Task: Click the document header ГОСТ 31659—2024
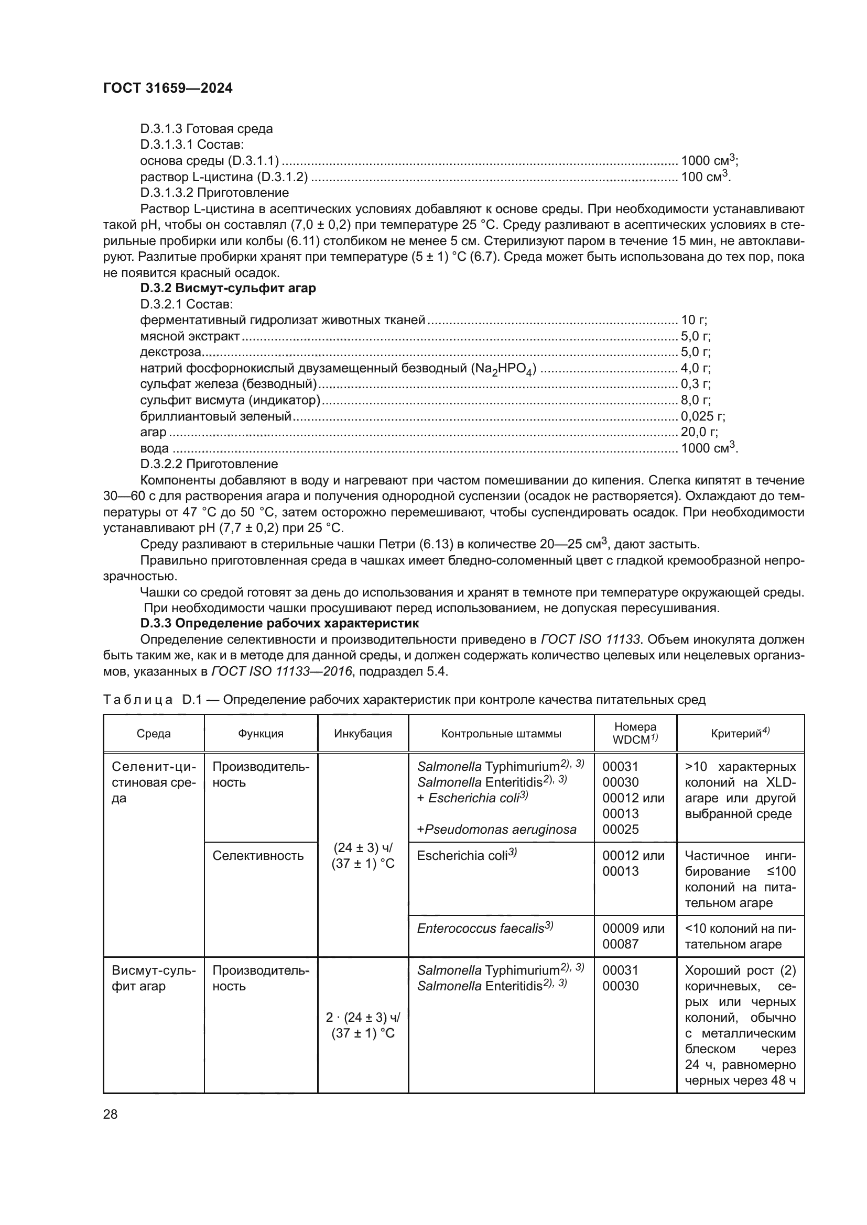(x=168, y=89)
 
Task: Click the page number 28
(x=111, y=1114)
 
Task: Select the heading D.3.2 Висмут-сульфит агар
(x=228, y=288)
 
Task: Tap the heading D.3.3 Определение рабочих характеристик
(x=279, y=623)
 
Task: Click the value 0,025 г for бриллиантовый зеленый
(x=702, y=416)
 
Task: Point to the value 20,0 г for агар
(x=699, y=432)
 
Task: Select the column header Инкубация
(x=363, y=734)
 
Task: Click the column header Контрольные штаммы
(x=501, y=734)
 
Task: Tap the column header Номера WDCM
(x=635, y=733)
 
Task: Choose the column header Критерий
(x=740, y=734)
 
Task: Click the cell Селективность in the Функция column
(x=258, y=856)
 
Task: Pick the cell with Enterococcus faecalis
(x=485, y=929)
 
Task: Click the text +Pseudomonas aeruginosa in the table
(x=496, y=830)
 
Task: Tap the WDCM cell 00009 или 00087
(x=633, y=936)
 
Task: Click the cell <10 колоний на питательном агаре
(x=740, y=936)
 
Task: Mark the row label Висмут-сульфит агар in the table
(x=153, y=978)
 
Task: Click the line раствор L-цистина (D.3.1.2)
(x=224, y=176)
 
